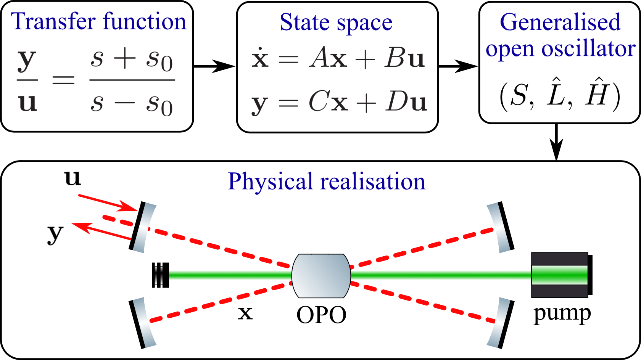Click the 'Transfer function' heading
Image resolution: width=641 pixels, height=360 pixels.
point(98,21)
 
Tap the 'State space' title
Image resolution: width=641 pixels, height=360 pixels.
point(336,23)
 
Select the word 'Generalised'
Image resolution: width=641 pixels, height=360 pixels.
point(560,22)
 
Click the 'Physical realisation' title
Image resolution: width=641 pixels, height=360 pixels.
point(326,181)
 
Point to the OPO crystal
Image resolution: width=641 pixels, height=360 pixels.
point(321,276)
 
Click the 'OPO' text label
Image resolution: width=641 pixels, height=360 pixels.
point(321,315)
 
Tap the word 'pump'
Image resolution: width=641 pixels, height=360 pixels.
point(562,313)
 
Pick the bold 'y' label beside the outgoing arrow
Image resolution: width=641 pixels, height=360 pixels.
point(55,233)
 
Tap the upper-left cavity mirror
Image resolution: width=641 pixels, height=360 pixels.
point(142,227)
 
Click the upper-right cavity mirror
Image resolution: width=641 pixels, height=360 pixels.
point(501,227)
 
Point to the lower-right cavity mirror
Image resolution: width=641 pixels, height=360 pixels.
point(501,323)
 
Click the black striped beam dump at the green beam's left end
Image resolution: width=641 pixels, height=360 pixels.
point(160,275)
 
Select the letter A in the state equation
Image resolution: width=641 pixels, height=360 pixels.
point(320,58)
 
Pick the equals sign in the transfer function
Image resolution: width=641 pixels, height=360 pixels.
point(63,80)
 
